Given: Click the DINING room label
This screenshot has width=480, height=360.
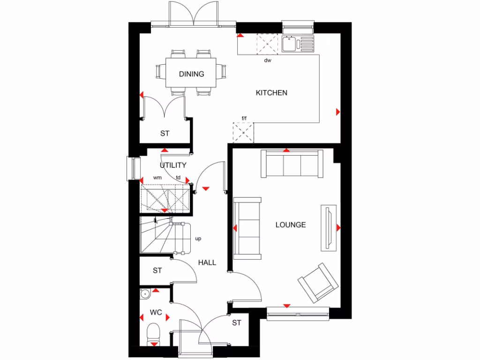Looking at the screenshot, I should pyautogui.click(x=192, y=74).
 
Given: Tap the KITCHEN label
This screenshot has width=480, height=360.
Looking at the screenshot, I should pyautogui.click(x=271, y=93).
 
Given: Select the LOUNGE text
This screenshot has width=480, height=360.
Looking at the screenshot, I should pyautogui.click(x=291, y=225).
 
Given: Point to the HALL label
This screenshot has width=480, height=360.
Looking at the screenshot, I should pyautogui.click(x=207, y=262).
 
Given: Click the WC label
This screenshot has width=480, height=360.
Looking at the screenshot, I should pyautogui.click(x=156, y=312).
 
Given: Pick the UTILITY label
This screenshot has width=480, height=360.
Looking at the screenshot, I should pyautogui.click(x=173, y=165).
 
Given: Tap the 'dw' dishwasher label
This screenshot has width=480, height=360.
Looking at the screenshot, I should pyautogui.click(x=268, y=60).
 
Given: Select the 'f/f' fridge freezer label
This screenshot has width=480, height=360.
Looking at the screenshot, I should pyautogui.click(x=244, y=118).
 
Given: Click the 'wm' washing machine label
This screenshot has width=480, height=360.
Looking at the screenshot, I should pyautogui.click(x=157, y=178).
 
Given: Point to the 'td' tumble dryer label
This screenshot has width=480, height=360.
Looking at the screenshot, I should pyautogui.click(x=179, y=178).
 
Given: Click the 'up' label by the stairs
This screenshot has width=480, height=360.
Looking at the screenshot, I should pyautogui.click(x=198, y=239).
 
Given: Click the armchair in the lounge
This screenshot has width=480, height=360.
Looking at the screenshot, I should pyautogui.click(x=318, y=282).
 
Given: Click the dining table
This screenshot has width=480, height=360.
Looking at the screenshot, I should pyautogui.click(x=192, y=72).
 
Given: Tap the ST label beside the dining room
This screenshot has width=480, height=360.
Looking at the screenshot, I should pyautogui.click(x=165, y=134).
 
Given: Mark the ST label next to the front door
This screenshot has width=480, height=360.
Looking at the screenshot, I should pyautogui.click(x=236, y=323).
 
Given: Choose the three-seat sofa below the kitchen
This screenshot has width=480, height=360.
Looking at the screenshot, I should pyautogui.click(x=292, y=164).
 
